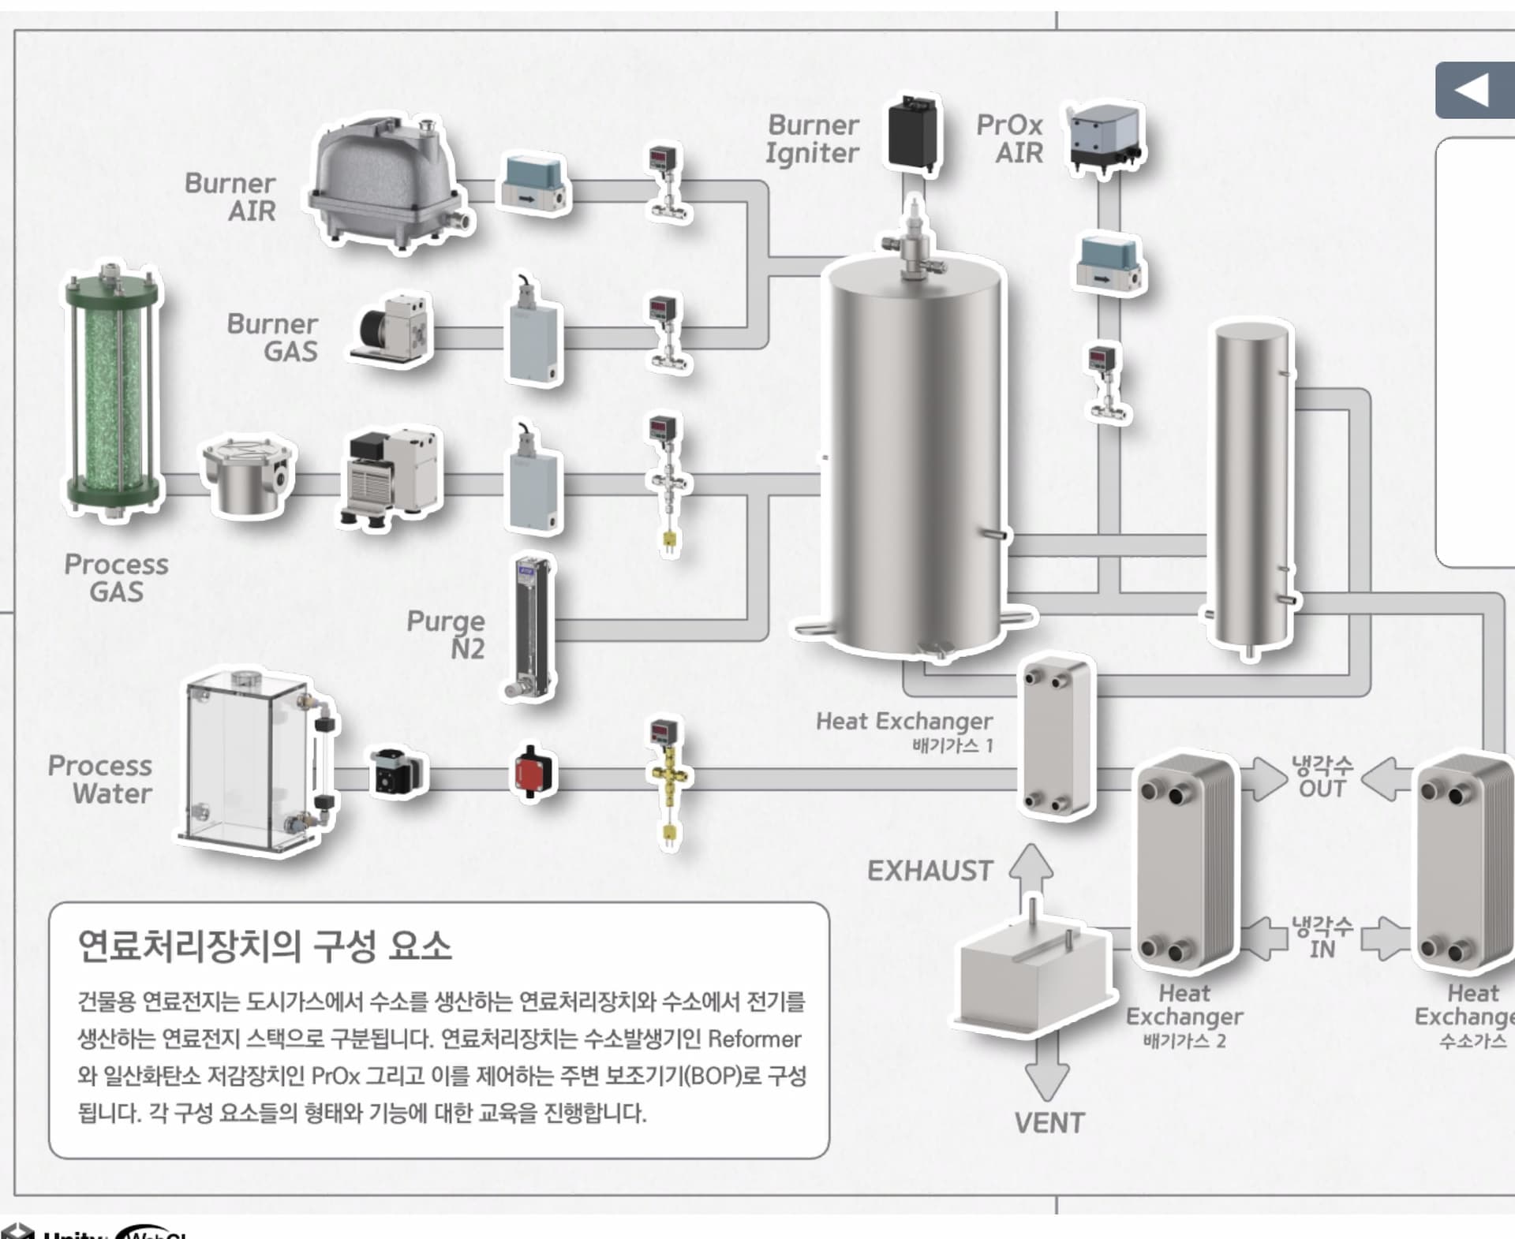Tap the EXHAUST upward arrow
coord(1031,875)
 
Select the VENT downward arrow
coord(1047,1069)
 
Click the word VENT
coord(1049,1123)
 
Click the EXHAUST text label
coord(930,871)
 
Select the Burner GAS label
coord(272,338)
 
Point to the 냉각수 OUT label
coord(1322,776)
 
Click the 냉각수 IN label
coord(1322,937)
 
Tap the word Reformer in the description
coord(754,1039)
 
